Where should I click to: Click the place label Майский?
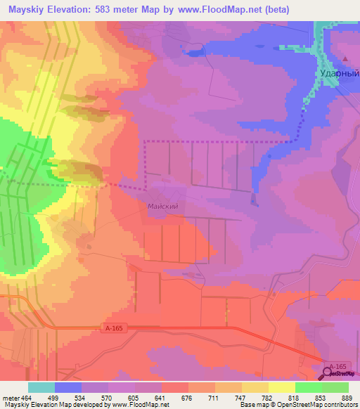click(162, 207)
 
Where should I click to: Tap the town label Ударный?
click(335, 73)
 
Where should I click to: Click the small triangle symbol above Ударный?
click(345, 59)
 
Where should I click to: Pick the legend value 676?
click(187, 398)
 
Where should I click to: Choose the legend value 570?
click(108, 398)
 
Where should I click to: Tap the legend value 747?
click(240, 398)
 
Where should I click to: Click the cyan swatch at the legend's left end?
click(41, 387)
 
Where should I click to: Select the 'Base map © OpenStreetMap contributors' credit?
click(299, 405)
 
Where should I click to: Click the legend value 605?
click(134, 398)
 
